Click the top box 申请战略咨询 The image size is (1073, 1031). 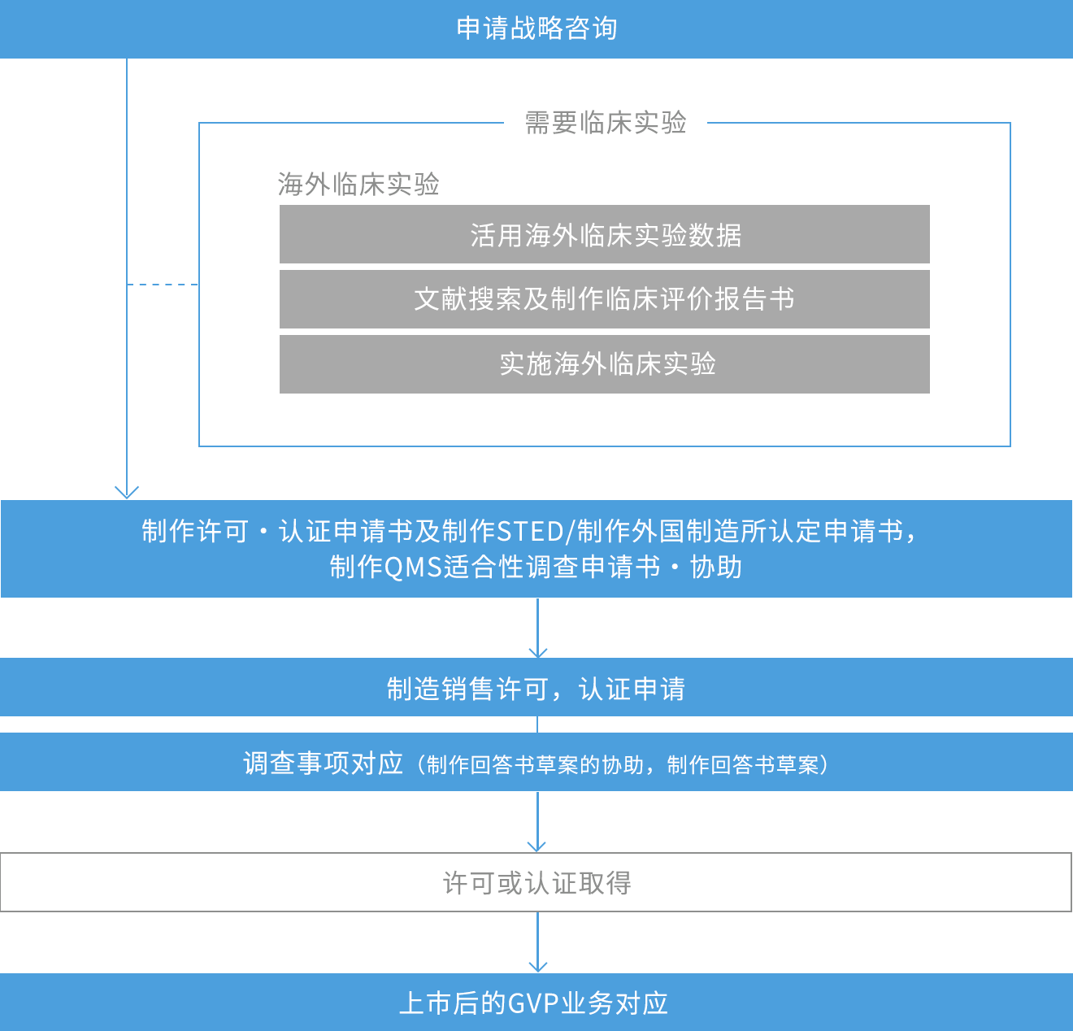[x=536, y=28]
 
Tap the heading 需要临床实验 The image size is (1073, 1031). [x=606, y=123]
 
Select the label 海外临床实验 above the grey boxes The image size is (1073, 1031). [x=358, y=185]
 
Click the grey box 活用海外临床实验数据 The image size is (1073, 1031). [x=604, y=234]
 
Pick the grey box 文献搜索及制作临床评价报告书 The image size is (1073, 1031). [x=604, y=299]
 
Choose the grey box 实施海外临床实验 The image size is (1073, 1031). [x=604, y=364]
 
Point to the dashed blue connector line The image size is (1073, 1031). [x=163, y=285]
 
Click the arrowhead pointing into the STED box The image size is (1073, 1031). [x=127, y=493]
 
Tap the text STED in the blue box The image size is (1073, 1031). [x=530, y=532]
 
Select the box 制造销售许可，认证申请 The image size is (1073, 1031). [x=536, y=687]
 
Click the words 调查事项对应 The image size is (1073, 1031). [x=323, y=764]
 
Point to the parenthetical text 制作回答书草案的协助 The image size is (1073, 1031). [x=534, y=765]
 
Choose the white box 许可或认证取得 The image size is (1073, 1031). [x=536, y=882]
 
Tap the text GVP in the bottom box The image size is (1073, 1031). [x=533, y=1003]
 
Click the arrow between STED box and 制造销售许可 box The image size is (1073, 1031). [x=537, y=628]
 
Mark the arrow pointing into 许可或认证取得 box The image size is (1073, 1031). [x=536, y=822]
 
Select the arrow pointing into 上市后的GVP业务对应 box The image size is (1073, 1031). [x=537, y=942]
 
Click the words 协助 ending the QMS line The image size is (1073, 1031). [x=715, y=568]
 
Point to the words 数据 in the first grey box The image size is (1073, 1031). [x=715, y=236]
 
